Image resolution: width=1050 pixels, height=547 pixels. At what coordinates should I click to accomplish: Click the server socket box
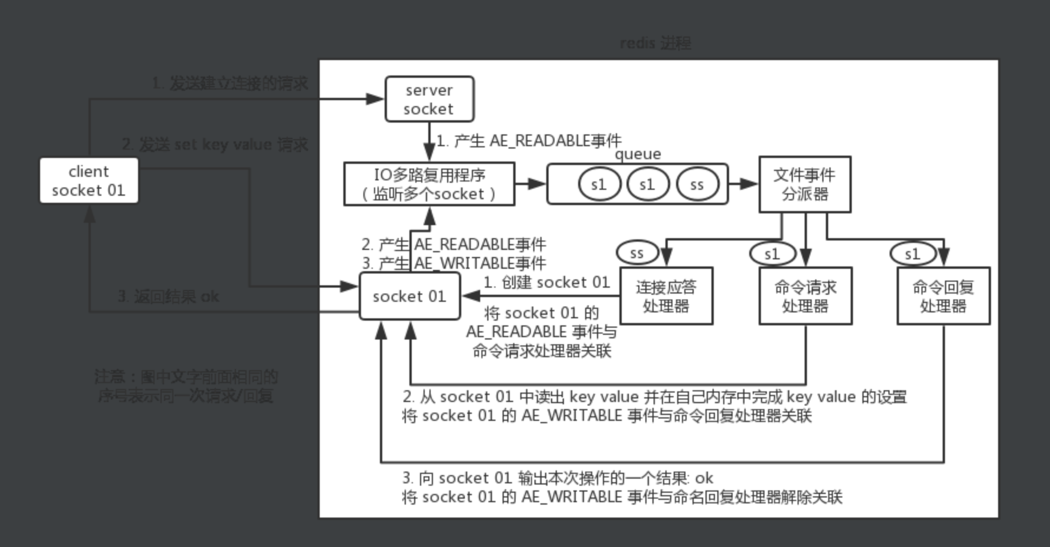click(429, 99)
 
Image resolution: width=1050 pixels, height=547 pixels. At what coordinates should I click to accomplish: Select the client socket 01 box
click(88, 180)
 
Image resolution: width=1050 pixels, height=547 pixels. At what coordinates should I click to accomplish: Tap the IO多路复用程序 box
click(429, 184)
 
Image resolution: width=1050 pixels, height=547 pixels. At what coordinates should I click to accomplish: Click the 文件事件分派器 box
click(805, 184)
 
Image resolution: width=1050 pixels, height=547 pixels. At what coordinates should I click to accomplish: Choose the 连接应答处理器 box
click(666, 296)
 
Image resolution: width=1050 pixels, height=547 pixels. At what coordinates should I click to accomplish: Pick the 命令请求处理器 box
click(805, 296)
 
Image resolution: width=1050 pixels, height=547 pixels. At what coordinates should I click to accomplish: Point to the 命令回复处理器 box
click(943, 296)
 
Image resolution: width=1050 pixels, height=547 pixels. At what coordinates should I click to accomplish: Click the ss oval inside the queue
click(697, 184)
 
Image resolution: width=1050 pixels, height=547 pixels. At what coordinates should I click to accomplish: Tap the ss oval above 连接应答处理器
click(636, 253)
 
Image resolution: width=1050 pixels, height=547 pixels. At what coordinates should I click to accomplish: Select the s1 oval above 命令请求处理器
click(772, 254)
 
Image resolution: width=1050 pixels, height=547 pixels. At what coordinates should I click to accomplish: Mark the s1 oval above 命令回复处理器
click(912, 254)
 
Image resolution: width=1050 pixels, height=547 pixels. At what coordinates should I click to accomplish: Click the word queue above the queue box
click(638, 154)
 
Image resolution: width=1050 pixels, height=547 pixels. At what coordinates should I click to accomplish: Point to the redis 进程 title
click(655, 43)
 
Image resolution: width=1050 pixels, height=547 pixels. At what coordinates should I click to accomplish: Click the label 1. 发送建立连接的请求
click(229, 84)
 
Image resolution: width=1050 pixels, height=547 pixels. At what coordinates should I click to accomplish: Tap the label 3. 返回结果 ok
click(169, 296)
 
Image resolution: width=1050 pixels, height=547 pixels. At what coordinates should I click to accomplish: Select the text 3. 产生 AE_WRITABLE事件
click(454, 263)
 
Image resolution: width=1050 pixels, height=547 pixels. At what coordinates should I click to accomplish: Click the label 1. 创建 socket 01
click(546, 282)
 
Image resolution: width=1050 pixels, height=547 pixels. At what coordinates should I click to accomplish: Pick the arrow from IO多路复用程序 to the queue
click(530, 184)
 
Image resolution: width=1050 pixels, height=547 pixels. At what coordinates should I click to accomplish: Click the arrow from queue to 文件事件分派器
click(743, 184)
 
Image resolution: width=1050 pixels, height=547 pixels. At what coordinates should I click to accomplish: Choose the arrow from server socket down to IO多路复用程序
click(429, 141)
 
